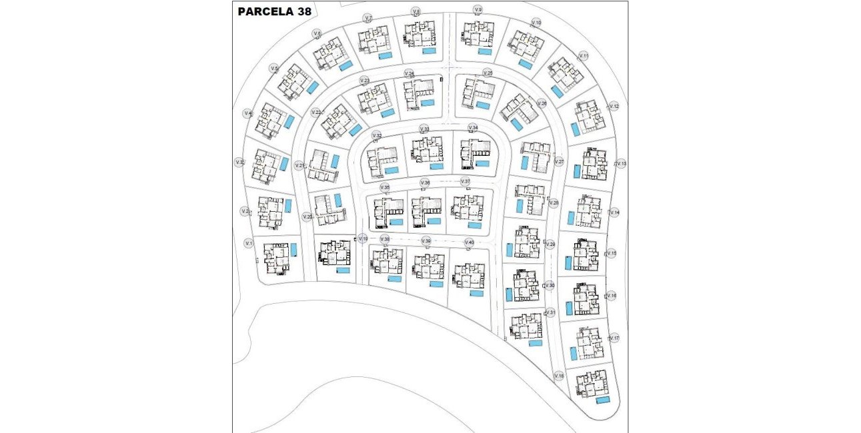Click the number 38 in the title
(x=302, y=11)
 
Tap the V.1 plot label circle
(x=249, y=243)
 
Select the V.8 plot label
(x=416, y=11)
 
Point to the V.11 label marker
(x=584, y=55)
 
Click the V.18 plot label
(x=559, y=376)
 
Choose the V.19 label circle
(x=363, y=238)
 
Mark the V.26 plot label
(x=542, y=104)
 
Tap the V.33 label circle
(x=424, y=129)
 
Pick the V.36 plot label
(x=425, y=183)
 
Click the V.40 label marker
(x=470, y=242)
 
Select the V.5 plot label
(x=274, y=69)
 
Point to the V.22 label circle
(x=317, y=113)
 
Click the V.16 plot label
(x=612, y=295)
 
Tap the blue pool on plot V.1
(x=293, y=249)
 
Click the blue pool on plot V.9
(x=485, y=51)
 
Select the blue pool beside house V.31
(x=536, y=343)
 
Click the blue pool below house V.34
(x=482, y=163)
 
